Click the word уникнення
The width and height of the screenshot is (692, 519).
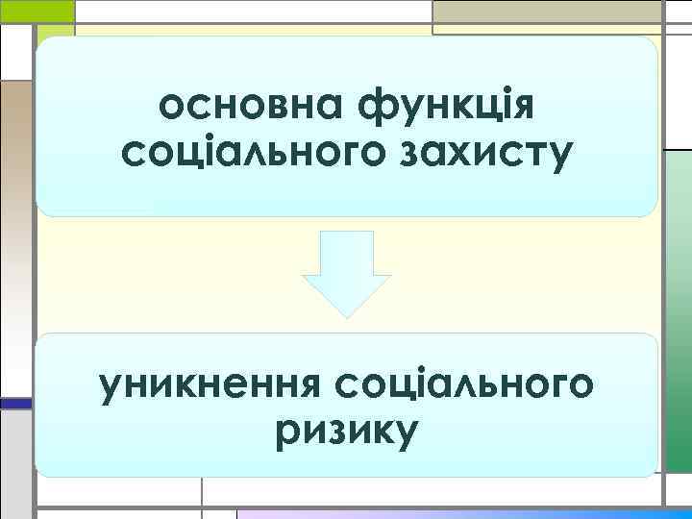click(209, 385)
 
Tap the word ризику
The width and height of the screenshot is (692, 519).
click(346, 431)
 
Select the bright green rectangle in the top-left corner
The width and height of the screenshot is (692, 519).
click(37, 11)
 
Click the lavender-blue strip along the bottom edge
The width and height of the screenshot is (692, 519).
click(461, 513)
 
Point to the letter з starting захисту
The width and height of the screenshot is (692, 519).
click(404, 155)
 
